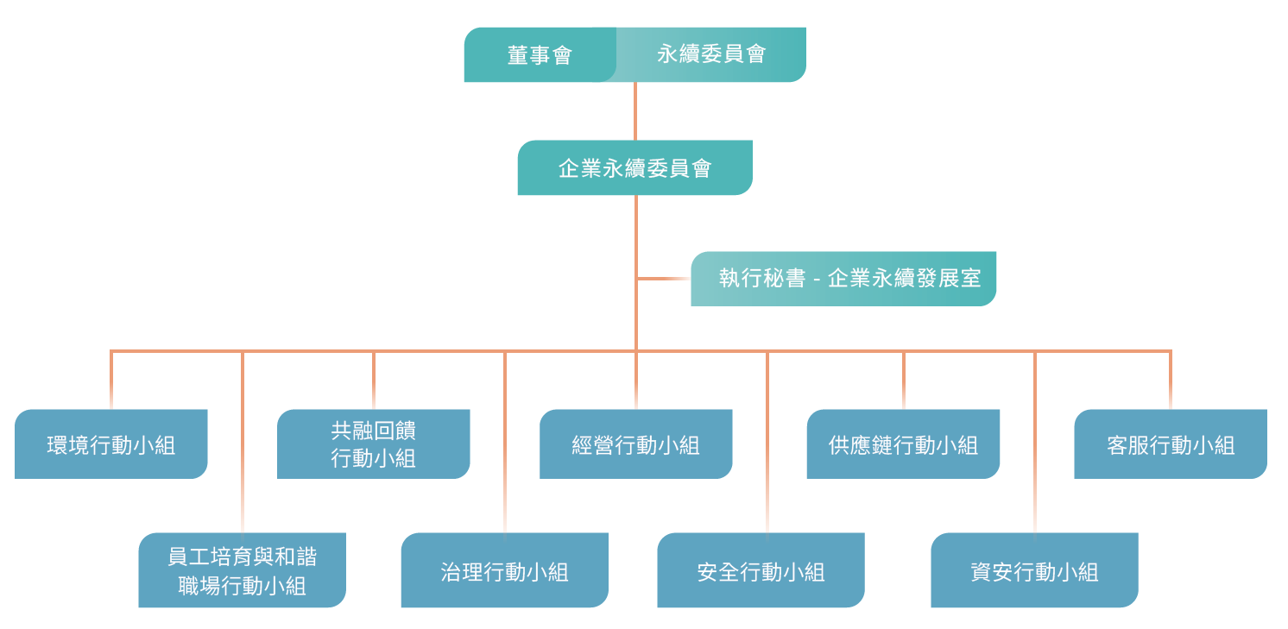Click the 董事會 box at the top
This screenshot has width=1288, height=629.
point(540,55)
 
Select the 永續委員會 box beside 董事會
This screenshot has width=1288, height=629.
point(711,55)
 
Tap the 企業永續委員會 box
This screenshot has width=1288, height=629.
point(635,168)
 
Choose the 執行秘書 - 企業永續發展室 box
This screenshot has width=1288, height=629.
point(843,279)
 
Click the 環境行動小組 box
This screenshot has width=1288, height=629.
point(110,444)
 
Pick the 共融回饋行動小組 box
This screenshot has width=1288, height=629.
point(373,444)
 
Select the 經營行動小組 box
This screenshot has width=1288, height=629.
point(635,444)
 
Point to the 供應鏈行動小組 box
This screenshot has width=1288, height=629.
point(903,444)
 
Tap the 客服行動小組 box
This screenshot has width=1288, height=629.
point(1171,444)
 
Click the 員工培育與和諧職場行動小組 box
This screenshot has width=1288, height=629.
point(242,570)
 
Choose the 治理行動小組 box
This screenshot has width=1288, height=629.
point(504,570)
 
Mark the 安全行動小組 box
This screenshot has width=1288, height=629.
point(761,570)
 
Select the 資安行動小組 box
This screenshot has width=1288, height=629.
point(1034,570)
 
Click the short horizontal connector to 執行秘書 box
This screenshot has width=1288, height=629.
point(663,279)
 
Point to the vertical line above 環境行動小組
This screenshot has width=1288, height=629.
point(111,380)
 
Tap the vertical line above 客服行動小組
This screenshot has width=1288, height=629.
point(1171,380)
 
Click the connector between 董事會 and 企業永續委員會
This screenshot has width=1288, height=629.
point(635,111)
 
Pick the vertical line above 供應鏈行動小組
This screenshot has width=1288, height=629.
point(904,380)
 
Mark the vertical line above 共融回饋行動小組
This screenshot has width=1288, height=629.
point(374,380)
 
